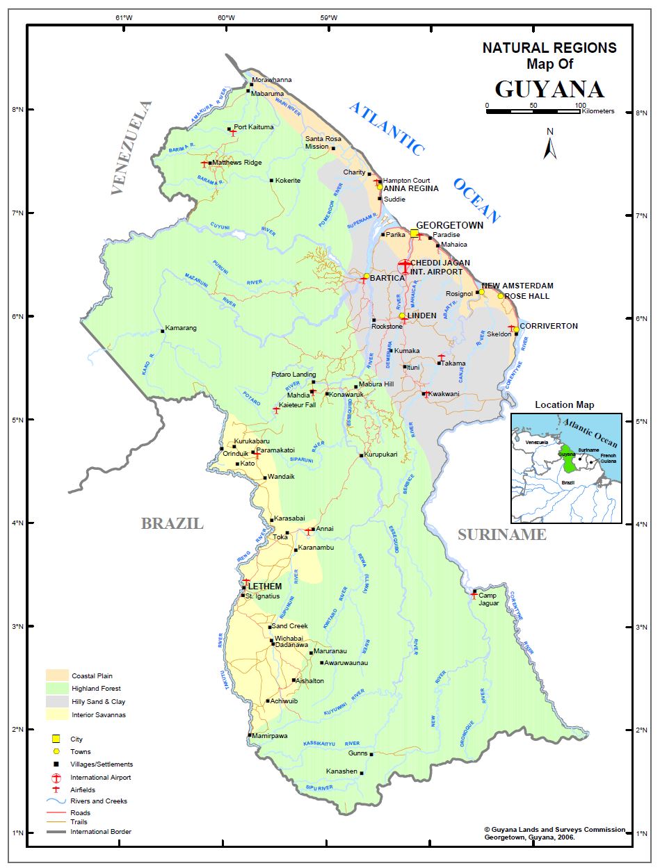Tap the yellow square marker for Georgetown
point(414,234)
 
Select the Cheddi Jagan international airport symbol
point(405,266)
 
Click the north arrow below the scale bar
point(550,145)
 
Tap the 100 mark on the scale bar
point(580,106)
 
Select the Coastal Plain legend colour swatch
point(57,675)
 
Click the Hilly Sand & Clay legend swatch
point(57,702)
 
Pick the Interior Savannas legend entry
point(97,714)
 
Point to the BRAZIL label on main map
point(172,524)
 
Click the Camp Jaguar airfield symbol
point(474,595)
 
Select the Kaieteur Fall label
point(297,405)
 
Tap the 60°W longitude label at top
point(225,17)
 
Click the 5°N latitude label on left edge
point(15,420)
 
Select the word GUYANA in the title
point(549,90)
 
